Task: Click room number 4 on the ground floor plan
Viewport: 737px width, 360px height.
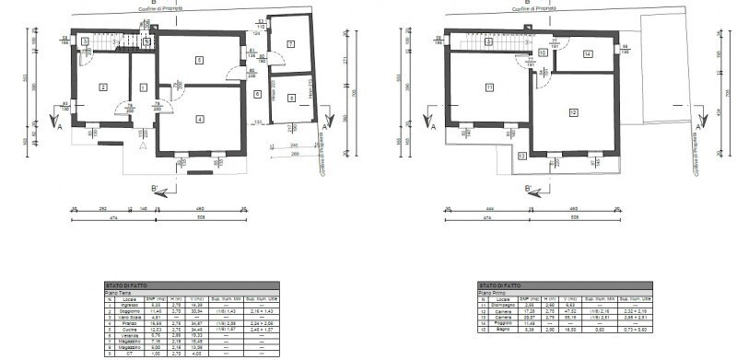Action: point(199,119)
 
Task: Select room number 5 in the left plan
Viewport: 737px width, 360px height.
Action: point(199,61)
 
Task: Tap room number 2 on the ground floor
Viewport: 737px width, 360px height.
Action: point(103,87)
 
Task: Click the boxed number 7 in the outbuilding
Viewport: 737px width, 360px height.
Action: point(288,44)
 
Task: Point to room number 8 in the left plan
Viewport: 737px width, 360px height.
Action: point(291,98)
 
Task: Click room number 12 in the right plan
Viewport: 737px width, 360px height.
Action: point(573,112)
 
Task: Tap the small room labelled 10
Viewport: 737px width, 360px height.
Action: point(544,53)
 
